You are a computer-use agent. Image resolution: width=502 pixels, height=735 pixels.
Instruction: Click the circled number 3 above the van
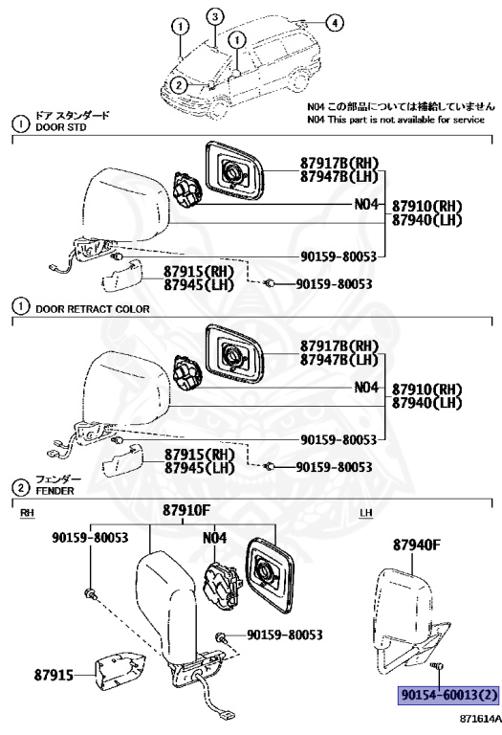(216, 16)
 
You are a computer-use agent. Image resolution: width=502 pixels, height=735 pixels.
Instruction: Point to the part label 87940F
(417, 546)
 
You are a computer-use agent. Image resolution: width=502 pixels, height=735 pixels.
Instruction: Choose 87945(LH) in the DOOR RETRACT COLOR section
(198, 468)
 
